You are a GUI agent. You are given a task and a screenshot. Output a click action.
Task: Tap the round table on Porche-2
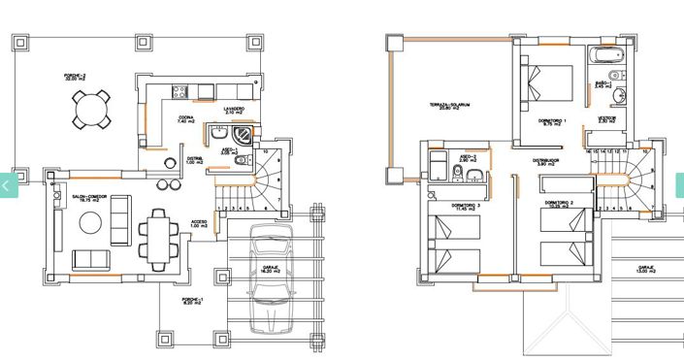pos(90,109)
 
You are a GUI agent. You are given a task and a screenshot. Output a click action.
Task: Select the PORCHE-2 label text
pos(77,77)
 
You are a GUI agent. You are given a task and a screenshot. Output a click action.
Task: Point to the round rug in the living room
pos(89,222)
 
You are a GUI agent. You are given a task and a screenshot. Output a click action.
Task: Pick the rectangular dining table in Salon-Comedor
pos(157,237)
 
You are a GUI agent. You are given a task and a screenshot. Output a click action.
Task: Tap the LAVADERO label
pos(233,109)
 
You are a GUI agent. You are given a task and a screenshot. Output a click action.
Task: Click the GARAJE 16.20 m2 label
pos(270,270)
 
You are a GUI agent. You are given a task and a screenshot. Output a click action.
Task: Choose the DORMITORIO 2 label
pos(561,203)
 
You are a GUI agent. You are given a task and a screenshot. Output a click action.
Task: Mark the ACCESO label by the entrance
pos(199,222)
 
